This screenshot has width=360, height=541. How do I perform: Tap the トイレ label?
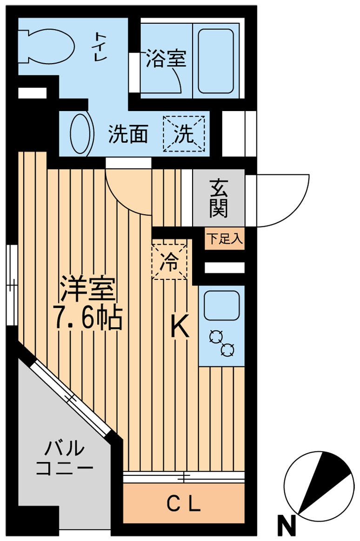coord(101,45)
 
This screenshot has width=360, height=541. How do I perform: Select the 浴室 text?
coord(166,59)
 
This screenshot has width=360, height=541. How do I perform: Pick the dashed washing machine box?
coord(183,134)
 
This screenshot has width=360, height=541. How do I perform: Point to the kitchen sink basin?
coord(221,305)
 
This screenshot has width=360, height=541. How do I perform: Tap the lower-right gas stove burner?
coord(228,350)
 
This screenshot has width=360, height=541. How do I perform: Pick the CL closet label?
coord(184,503)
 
